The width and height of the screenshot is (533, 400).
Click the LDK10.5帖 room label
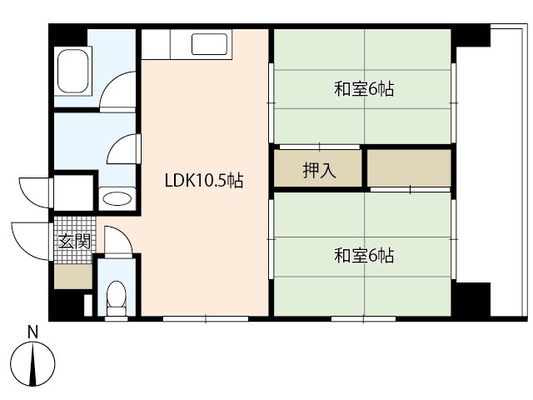tap(204, 180)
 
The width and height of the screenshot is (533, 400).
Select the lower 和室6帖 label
tap(364, 256)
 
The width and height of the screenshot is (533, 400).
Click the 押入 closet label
tap(318, 172)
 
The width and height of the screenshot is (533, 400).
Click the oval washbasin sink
tap(116, 200)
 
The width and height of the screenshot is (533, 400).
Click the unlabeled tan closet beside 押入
tap(409, 169)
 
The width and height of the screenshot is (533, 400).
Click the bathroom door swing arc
tap(118, 90)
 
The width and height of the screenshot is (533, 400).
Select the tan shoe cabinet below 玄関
tap(73, 275)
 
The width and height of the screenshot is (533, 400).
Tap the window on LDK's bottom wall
tap(205, 318)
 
